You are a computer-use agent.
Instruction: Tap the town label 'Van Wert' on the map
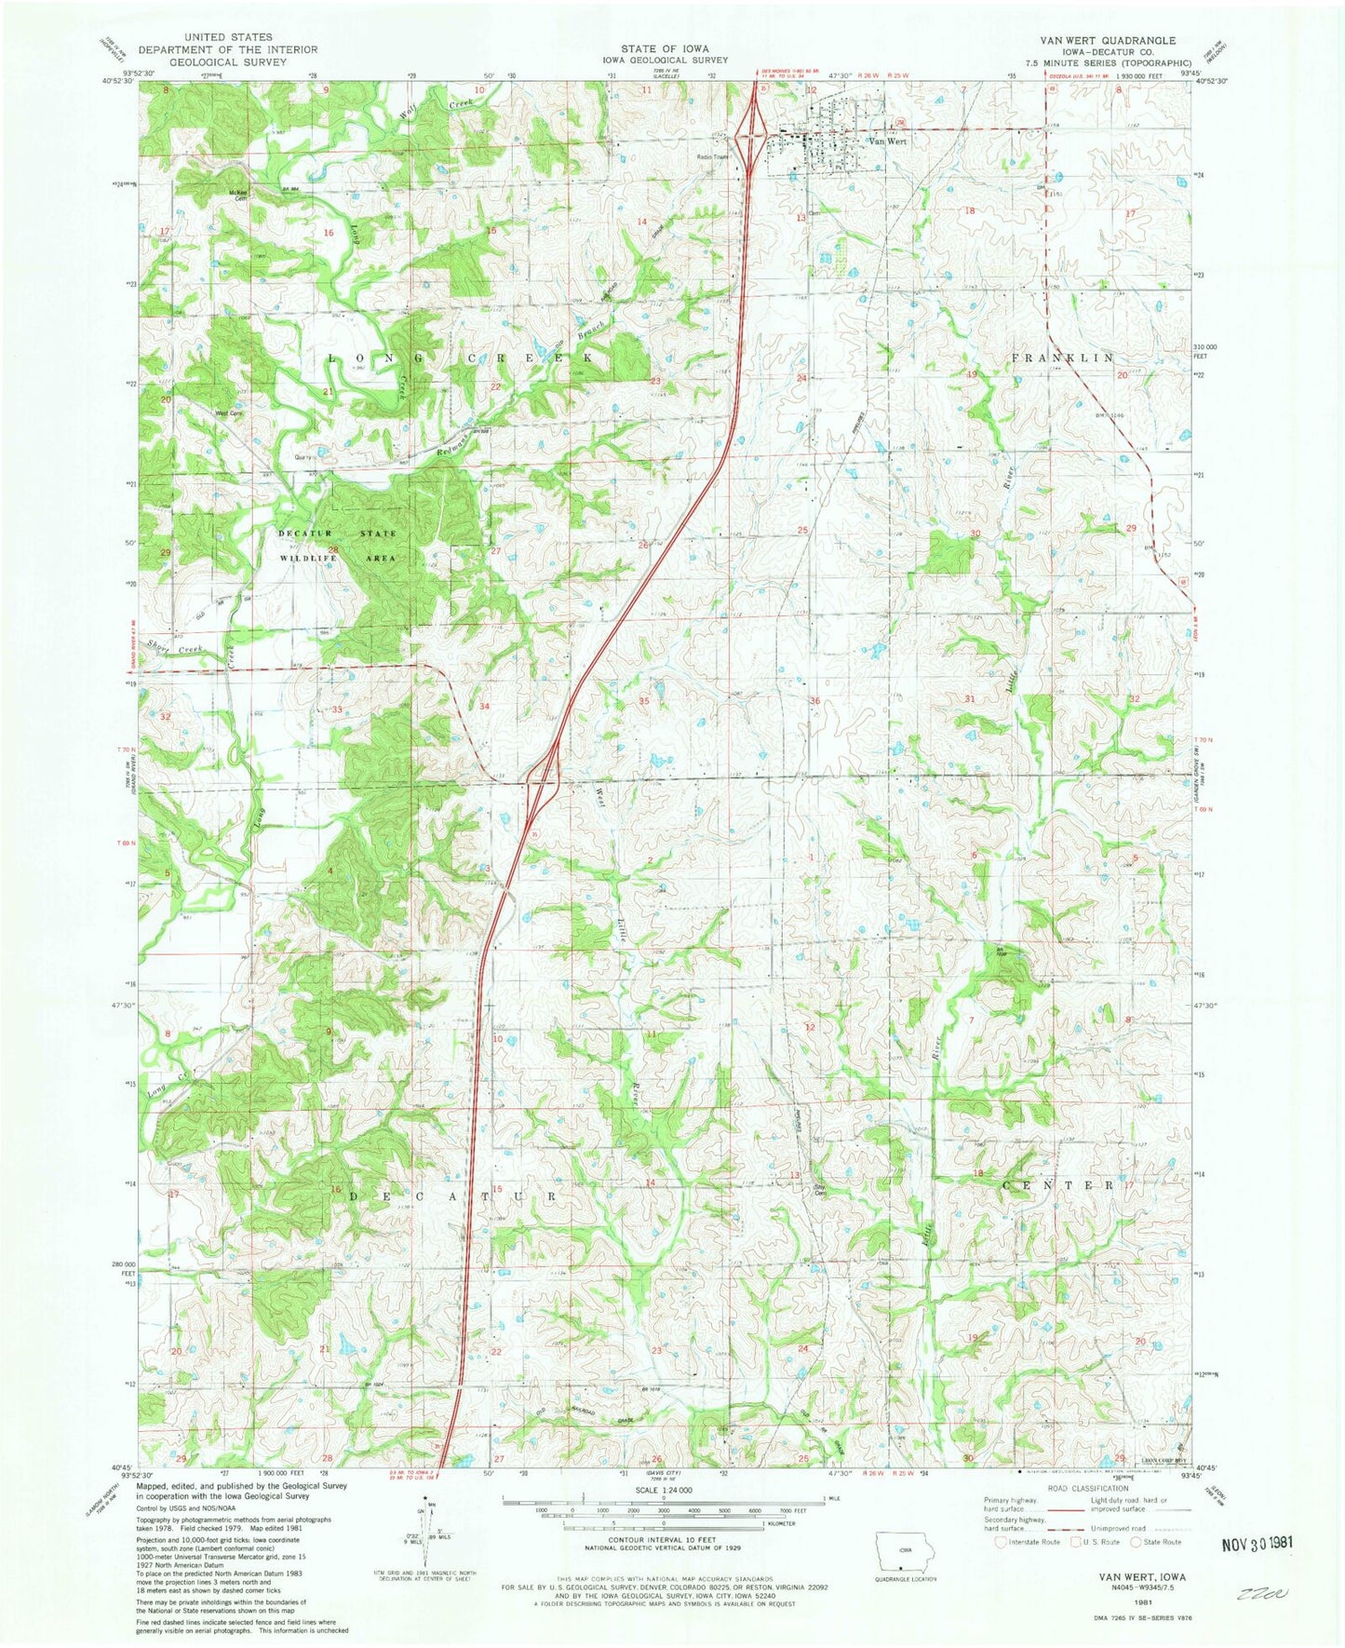click(886, 142)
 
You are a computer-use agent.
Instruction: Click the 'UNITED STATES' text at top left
click(229, 37)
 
